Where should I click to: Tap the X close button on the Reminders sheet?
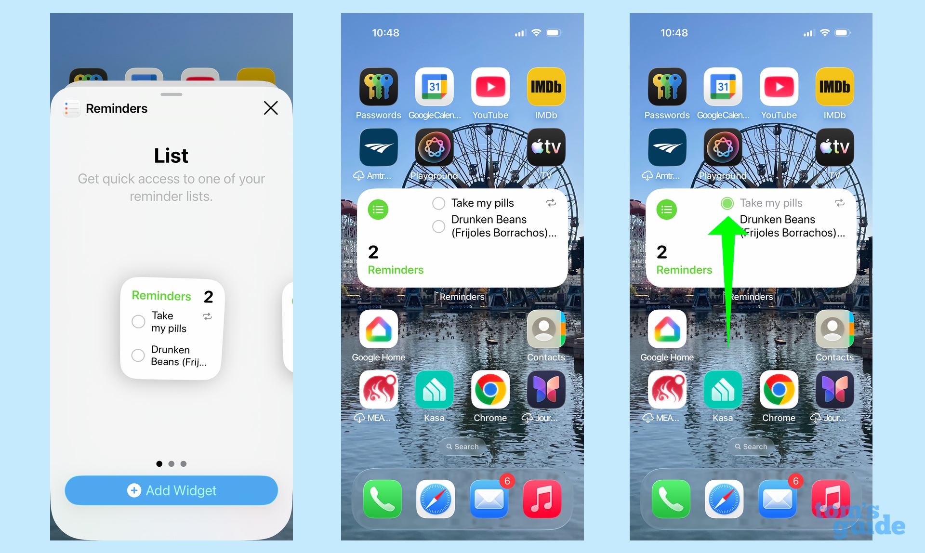[x=271, y=108]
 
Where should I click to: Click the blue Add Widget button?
[x=172, y=490]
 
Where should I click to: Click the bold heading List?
[x=171, y=156]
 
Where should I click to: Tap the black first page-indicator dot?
[x=159, y=464]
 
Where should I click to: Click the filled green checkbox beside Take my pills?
[x=727, y=203]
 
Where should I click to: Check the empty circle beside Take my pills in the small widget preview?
[x=138, y=321]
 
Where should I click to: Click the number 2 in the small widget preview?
[x=208, y=297]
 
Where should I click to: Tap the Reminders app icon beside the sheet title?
[x=72, y=108]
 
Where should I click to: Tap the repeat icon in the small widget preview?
[x=207, y=316]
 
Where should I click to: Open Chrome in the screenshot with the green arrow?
[x=779, y=390]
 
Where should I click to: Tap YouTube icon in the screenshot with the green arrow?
[x=779, y=87]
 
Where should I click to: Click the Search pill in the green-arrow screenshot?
[x=751, y=447]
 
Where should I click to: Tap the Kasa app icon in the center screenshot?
[x=434, y=390]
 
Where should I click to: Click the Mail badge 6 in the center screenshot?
[x=507, y=481]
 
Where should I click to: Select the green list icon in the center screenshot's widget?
[x=378, y=210]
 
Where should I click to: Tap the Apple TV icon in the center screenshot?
[x=546, y=147]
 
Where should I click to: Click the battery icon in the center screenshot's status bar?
[x=554, y=33]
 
